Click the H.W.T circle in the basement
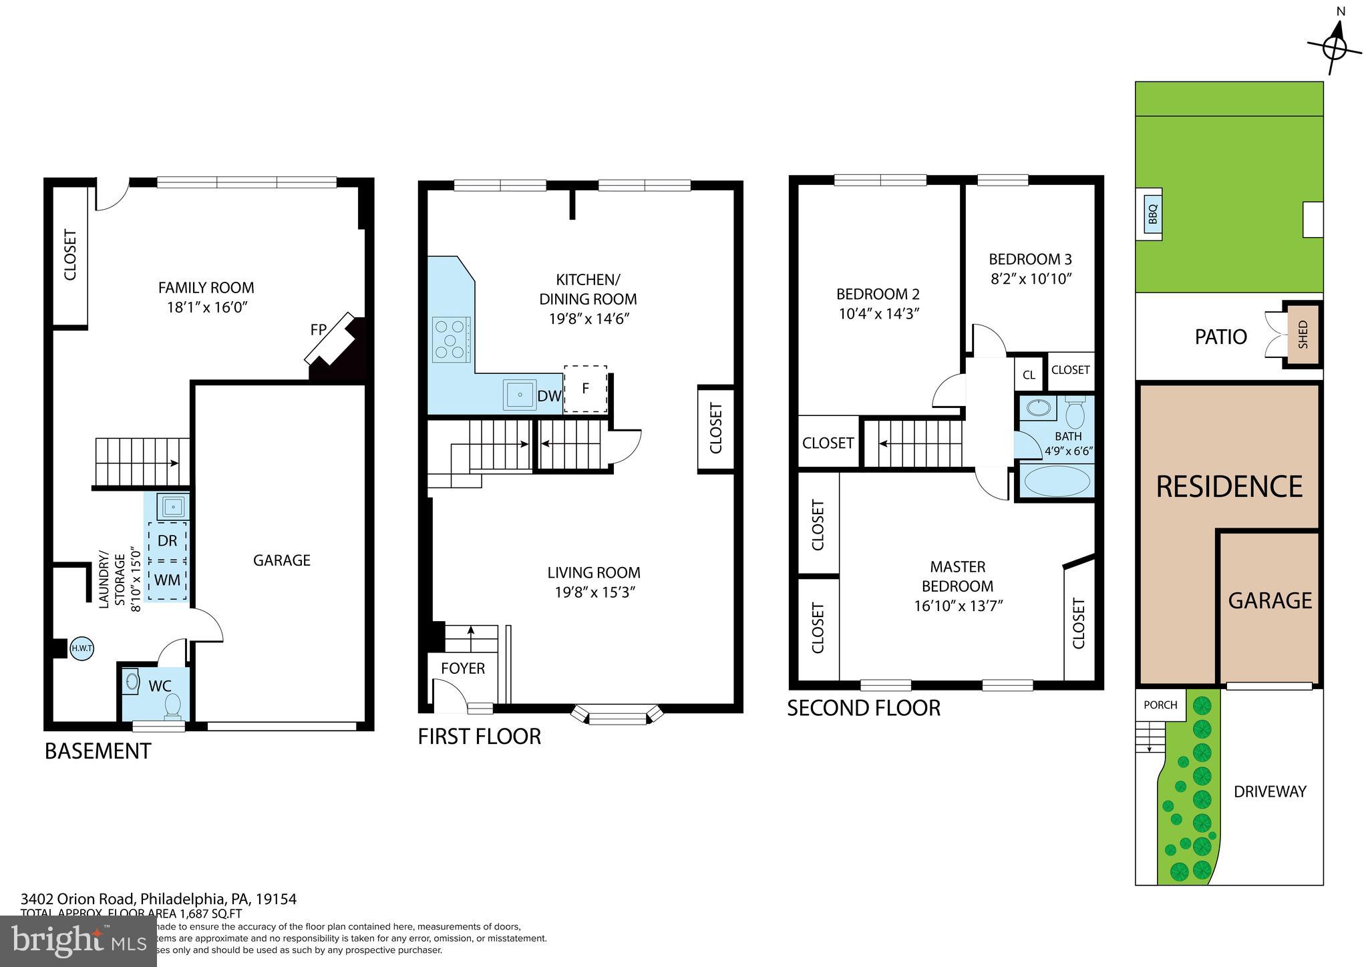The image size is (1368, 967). click(x=81, y=648)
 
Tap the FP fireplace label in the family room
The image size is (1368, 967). click(x=318, y=329)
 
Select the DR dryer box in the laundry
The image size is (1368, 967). click(x=167, y=541)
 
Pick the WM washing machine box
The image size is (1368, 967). click(x=167, y=580)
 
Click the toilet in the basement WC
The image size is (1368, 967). click(x=172, y=705)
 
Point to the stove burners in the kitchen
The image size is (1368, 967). click(x=450, y=340)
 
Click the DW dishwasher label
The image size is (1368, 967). click(x=549, y=396)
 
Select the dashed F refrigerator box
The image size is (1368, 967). click(x=585, y=388)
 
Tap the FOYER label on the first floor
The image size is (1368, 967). click(x=463, y=668)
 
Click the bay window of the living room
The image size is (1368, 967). click(x=618, y=717)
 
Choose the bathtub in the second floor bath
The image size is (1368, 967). click(x=1057, y=481)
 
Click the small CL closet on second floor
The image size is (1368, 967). click(x=1029, y=375)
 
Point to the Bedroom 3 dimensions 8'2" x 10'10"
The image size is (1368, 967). click(x=1031, y=278)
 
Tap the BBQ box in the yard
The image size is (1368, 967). click(x=1152, y=214)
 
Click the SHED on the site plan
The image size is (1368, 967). click(x=1303, y=335)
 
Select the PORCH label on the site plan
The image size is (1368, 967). click(x=1160, y=705)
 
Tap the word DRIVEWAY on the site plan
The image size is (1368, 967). click(x=1269, y=791)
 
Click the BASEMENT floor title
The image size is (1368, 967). click(x=98, y=751)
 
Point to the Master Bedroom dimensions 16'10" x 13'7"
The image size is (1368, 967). click(x=959, y=606)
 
